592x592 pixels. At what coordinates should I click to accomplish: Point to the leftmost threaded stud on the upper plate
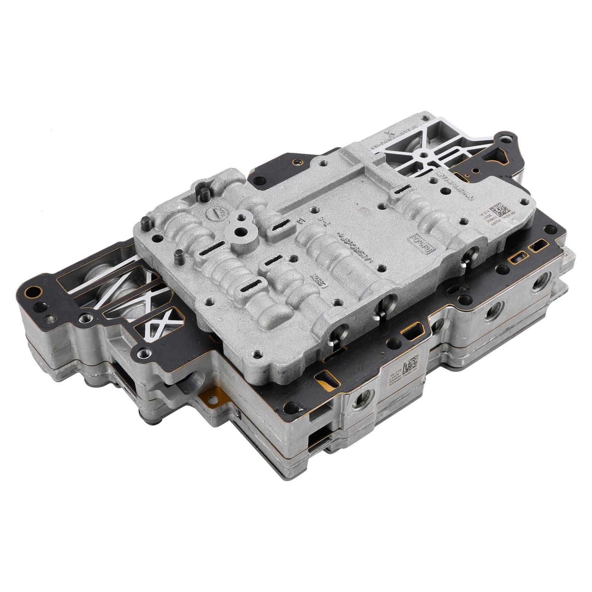point(145,225)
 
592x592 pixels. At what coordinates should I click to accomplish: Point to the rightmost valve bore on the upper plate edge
point(471,255)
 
